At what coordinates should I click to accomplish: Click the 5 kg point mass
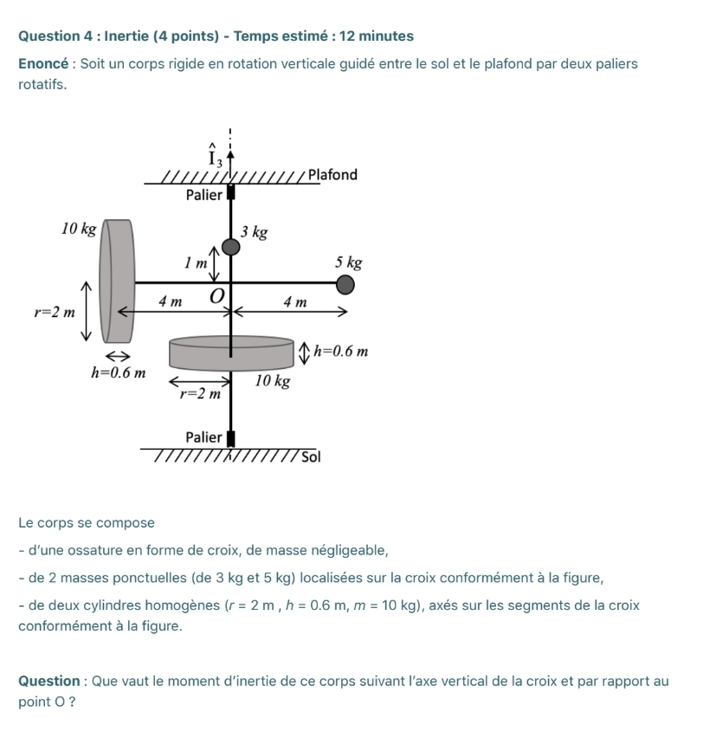(345, 284)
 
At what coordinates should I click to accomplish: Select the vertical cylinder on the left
(117, 281)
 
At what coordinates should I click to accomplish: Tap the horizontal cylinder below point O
(231, 353)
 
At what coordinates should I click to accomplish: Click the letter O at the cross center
(216, 296)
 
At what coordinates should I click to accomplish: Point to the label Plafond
(332, 175)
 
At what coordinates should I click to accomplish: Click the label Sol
(312, 457)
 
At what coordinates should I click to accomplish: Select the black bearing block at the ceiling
(231, 192)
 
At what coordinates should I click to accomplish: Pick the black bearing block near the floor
(231, 440)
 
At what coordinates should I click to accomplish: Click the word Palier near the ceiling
(204, 195)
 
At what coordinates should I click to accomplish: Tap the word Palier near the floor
(204, 437)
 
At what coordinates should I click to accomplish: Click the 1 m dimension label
(196, 262)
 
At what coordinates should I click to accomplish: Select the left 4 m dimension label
(170, 302)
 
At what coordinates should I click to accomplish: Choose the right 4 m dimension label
(295, 302)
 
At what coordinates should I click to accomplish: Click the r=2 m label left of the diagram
(54, 312)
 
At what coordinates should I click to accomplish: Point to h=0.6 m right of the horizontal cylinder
(341, 351)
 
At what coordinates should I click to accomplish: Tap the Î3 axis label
(216, 158)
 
